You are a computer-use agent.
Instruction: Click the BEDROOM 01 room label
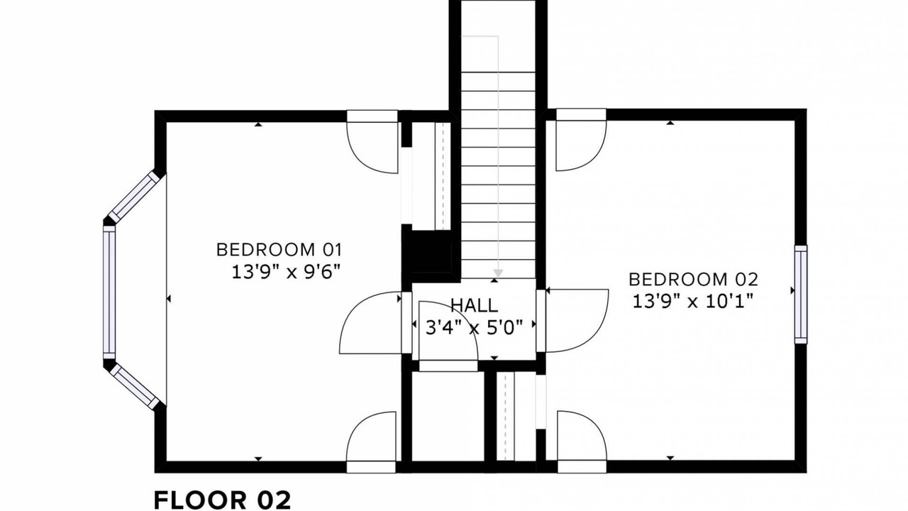(279, 250)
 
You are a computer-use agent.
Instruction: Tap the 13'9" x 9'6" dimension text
(285, 272)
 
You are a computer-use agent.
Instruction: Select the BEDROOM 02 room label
(693, 280)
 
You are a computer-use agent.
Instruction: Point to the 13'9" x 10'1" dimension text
(693, 302)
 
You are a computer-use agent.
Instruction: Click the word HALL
(475, 305)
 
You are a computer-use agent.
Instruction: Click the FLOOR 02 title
(223, 500)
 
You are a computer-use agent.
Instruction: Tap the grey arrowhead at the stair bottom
(498, 273)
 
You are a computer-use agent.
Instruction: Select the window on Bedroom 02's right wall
(801, 295)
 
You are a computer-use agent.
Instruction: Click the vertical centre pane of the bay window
(109, 292)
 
